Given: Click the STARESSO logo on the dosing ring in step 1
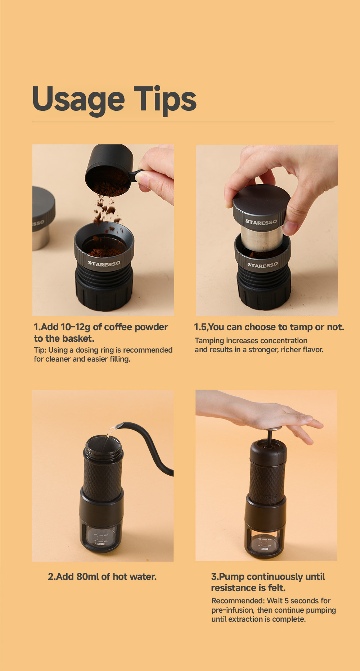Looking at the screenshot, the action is tap(104, 264).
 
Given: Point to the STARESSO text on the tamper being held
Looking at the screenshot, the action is tap(261, 222).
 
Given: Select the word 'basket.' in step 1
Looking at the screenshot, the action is tap(79, 339).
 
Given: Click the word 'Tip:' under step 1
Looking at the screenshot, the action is tap(40, 350).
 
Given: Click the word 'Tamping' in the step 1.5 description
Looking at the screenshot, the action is tap(208, 341).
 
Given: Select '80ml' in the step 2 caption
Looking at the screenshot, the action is tap(88, 577).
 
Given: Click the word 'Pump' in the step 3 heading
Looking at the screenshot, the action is tap(231, 577).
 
